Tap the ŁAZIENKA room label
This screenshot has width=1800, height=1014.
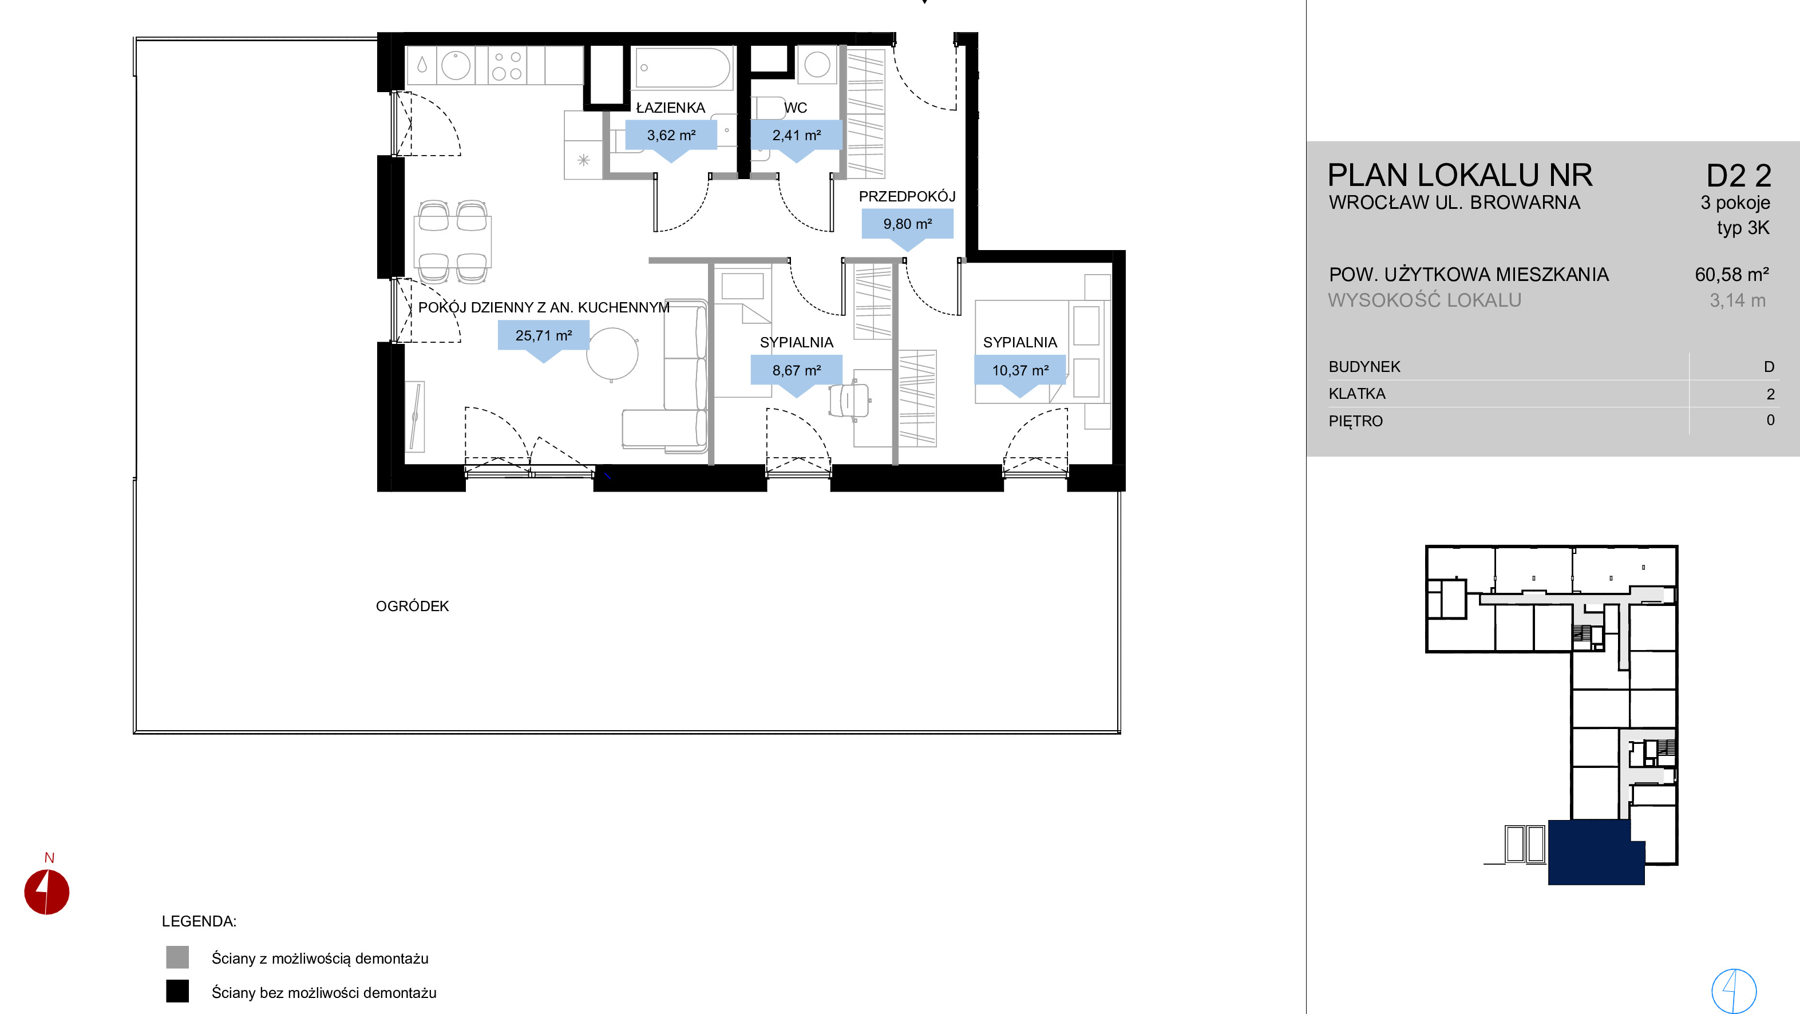pos(670,108)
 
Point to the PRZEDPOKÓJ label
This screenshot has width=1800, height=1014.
pos(907,196)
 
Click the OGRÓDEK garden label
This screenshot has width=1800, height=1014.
pos(412,606)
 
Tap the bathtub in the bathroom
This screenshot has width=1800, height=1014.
pos(683,68)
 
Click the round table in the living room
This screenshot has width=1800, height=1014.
pos(612,355)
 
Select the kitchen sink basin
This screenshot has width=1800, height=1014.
pos(456,66)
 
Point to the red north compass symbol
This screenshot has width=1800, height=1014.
pos(47,892)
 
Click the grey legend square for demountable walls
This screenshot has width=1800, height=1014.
pos(177,957)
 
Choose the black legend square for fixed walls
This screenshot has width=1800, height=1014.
pos(177,992)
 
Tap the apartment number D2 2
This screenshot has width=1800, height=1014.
pos(1739,176)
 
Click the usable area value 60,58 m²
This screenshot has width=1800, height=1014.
pos(1731,275)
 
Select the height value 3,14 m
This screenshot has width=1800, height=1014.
pos(1738,300)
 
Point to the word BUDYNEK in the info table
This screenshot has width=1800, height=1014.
pos(1364,367)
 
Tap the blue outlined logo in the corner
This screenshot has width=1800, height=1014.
pos(1734,990)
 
